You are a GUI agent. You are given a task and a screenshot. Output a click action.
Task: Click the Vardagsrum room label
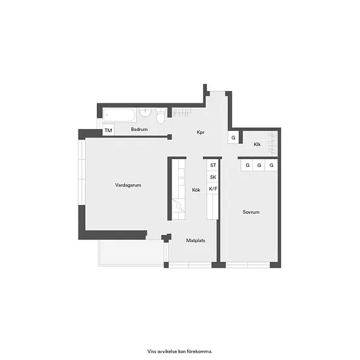coord(128,185)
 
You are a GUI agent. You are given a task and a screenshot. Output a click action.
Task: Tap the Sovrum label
coord(251,212)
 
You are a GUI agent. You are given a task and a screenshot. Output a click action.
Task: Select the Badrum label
coord(139,129)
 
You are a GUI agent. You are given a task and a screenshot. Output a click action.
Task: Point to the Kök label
coord(196,190)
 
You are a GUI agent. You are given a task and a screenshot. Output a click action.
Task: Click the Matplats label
coord(196,240)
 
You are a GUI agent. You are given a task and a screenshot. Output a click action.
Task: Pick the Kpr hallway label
coord(200,132)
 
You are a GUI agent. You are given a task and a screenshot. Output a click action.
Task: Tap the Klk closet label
coord(257,144)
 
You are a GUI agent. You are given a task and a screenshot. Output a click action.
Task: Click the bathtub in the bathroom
coord(119,115)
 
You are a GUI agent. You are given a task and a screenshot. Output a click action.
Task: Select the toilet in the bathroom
coord(161,116)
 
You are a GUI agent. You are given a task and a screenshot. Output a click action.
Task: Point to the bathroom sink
coord(145,113)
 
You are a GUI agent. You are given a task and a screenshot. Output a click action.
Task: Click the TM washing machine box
coord(108,130)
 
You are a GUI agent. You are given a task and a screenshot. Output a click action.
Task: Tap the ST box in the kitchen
coord(213,165)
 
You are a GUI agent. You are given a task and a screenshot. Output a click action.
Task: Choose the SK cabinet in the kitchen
coord(213,177)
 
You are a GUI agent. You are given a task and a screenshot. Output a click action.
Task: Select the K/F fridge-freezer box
coord(213,189)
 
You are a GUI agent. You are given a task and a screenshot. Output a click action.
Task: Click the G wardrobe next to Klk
coord(233,137)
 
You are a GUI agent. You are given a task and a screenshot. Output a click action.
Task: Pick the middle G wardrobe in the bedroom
coord(259,165)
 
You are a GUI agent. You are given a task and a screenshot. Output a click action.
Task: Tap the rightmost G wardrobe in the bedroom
coord(271,165)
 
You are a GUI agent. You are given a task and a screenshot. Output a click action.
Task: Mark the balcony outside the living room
coord(132,253)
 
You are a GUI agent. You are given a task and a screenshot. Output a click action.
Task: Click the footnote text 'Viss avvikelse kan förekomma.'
coord(180,351)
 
